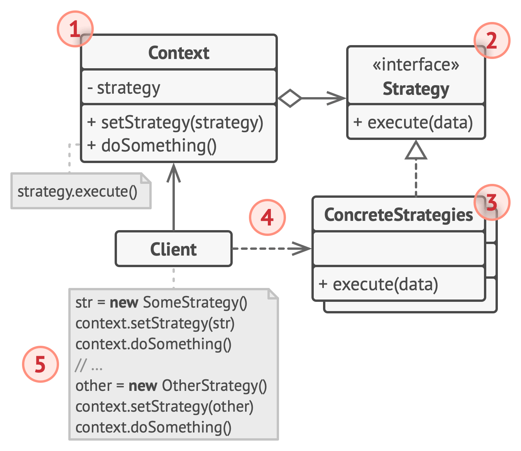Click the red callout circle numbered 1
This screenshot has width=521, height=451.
(75, 29)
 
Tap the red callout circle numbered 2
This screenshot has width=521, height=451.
(492, 40)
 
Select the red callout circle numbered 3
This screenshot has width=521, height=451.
(492, 202)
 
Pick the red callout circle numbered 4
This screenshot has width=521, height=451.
(267, 217)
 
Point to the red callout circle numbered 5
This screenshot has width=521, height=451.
(40, 364)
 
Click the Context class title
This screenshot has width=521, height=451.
(179, 53)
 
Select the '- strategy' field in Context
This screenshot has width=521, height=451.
(124, 88)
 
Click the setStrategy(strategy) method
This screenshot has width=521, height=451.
(175, 123)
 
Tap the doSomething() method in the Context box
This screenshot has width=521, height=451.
(152, 146)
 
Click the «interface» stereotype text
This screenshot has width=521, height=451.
(416, 65)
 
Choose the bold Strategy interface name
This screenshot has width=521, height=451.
(416, 89)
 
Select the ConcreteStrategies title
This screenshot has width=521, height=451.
(398, 215)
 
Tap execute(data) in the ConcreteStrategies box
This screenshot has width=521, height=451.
(379, 284)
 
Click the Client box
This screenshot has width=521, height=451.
(174, 249)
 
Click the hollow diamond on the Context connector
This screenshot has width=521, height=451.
(289, 98)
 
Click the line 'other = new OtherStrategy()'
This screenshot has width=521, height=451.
(171, 385)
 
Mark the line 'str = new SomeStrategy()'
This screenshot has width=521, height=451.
(161, 303)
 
